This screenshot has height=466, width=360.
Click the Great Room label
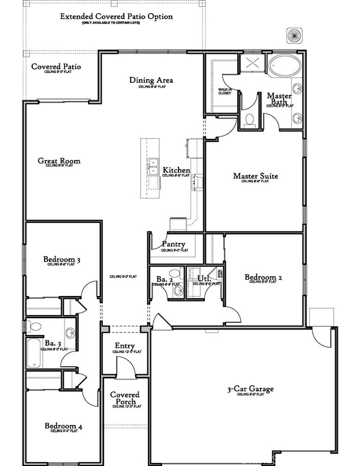tap(59, 161)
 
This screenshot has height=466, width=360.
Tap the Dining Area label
tap(151, 80)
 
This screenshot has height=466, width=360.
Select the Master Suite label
tap(256, 176)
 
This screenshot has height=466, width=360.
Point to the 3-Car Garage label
tap(250, 389)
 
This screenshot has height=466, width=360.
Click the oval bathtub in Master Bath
tap(285, 66)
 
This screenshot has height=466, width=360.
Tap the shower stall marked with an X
tap(252, 64)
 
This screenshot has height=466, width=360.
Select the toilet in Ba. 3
tap(35, 327)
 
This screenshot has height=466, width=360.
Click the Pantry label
tap(174, 244)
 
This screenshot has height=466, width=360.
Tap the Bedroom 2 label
tap(263, 277)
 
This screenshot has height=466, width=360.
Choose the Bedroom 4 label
tap(63, 426)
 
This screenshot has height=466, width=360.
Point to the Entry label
tap(125, 346)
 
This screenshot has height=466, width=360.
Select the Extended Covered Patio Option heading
tap(116, 17)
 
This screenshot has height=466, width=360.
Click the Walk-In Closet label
tap(225, 91)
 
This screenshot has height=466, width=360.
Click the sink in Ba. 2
tap(179, 291)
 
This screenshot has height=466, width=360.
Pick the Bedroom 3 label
tap(62, 260)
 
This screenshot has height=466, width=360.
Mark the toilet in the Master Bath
tap(250, 119)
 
